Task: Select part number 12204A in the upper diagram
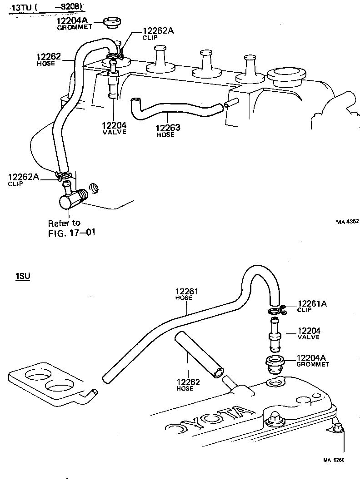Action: coord(71,21)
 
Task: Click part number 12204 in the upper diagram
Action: coord(114,125)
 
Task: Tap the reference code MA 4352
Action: coord(347,222)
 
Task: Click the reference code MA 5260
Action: coord(334,460)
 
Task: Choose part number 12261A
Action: coord(312,304)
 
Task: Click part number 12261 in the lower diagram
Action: coord(187,291)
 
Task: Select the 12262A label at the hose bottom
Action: coord(23,177)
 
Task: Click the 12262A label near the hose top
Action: coord(158,31)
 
